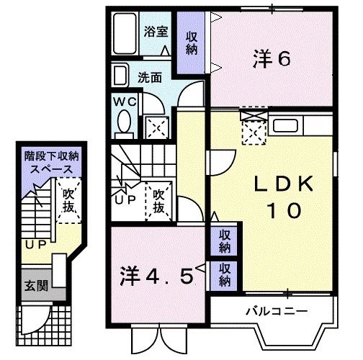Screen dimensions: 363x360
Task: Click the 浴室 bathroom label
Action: [x=156, y=32]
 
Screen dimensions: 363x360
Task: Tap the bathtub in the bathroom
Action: [x=125, y=33]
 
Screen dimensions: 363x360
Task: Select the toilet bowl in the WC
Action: [x=124, y=122]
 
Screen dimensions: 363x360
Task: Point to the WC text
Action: [x=125, y=102]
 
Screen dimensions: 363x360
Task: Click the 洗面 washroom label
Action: [x=150, y=78]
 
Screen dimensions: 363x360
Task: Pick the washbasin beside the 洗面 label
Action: [x=120, y=76]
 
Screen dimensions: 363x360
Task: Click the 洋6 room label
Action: [x=272, y=59]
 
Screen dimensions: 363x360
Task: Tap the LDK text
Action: [x=284, y=184]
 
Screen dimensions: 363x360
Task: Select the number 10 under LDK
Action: [x=284, y=210]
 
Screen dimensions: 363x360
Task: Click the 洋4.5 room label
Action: [x=156, y=276]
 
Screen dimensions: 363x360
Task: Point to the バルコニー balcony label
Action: [x=277, y=312]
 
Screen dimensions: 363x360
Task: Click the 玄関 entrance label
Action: [x=37, y=286]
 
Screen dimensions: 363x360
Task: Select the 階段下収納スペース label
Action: [x=52, y=163]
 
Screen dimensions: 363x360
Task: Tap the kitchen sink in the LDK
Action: [x=285, y=125]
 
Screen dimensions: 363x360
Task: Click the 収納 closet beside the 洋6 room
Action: [x=192, y=43]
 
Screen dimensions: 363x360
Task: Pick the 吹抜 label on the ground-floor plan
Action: [x=68, y=200]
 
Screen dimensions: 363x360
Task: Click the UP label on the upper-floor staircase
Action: [x=125, y=199]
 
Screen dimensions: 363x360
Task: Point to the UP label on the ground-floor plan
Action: [x=36, y=245]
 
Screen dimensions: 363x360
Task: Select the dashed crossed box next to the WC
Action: [x=157, y=127]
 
